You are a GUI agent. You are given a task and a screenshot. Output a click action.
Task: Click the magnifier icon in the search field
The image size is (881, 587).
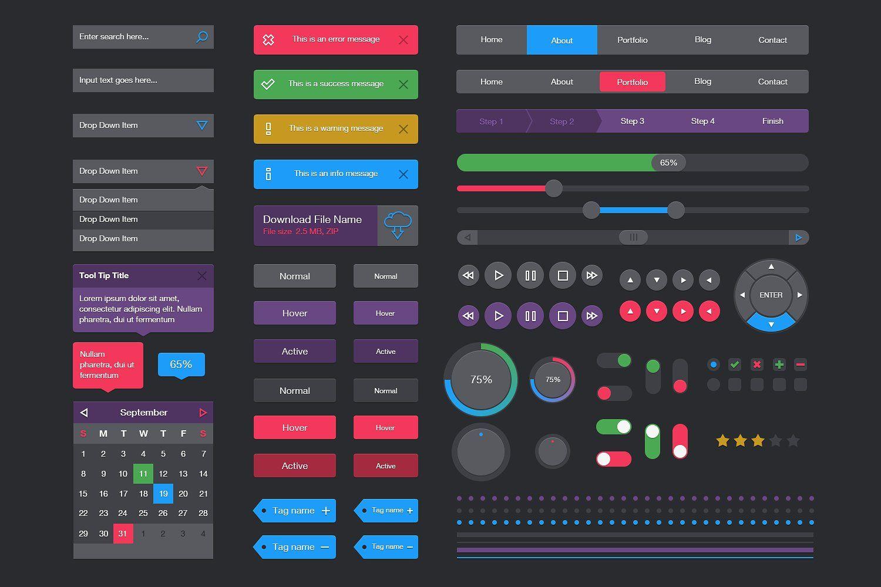tap(201, 37)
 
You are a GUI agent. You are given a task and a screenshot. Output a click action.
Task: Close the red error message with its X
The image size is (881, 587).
tap(403, 40)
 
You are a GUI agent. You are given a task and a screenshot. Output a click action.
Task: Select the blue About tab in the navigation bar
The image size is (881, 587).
tap(561, 40)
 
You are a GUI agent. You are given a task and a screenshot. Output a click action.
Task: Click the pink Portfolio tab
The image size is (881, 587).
tap(632, 82)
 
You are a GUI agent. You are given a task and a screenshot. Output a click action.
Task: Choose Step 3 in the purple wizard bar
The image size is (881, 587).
tap(632, 121)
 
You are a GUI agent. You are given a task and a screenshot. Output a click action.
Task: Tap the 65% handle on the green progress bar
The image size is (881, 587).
tap(668, 163)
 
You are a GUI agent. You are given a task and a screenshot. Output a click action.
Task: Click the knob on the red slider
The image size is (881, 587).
tap(553, 188)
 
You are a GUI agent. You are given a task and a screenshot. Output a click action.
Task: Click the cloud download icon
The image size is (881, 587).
tap(398, 225)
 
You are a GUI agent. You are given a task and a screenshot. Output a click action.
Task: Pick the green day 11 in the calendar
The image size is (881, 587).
tap(143, 474)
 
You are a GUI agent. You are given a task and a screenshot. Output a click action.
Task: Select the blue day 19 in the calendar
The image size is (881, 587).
tap(163, 494)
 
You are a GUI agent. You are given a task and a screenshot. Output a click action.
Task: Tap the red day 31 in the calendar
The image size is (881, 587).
tap(123, 534)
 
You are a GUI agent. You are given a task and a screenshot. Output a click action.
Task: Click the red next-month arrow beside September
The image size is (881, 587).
tap(203, 413)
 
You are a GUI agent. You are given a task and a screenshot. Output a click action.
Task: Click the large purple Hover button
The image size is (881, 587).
tap(295, 313)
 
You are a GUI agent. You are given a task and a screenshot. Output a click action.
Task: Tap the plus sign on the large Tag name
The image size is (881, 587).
tap(326, 511)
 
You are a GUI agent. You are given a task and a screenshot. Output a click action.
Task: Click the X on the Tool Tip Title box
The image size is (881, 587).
tap(202, 276)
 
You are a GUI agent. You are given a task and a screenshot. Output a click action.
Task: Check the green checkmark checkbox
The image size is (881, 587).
tap(735, 365)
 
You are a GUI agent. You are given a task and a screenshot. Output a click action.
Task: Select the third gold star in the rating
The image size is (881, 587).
tap(758, 440)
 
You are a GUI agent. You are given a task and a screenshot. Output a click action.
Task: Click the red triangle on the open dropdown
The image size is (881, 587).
tap(202, 171)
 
